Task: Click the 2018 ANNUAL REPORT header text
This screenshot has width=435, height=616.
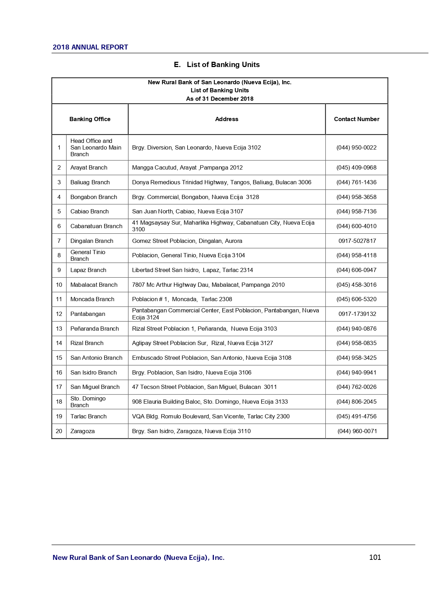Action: click(x=90, y=47)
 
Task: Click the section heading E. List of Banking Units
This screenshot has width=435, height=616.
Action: click(x=217, y=65)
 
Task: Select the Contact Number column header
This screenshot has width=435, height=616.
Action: click(x=356, y=119)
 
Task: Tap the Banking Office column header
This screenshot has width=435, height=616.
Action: click(x=90, y=119)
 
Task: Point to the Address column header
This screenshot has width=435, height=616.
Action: click(x=226, y=119)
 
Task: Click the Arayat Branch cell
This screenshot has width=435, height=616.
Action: click(x=89, y=168)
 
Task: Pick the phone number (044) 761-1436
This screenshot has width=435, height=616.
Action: click(x=356, y=183)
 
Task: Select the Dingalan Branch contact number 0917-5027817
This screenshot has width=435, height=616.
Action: click(x=357, y=241)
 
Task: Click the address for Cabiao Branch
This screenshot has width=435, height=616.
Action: click(x=188, y=212)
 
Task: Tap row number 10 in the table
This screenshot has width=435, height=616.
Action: click(x=59, y=285)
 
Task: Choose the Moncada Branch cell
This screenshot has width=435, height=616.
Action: click(x=92, y=299)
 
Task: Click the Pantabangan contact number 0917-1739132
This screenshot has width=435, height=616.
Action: click(x=357, y=314)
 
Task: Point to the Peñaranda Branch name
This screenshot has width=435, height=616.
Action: click(x=94, y=329)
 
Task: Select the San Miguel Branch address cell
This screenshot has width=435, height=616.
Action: click(x=204, y=387)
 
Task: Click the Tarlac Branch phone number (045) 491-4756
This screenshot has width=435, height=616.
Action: click(x=356, y=417)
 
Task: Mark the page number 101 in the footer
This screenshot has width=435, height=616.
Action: click(x=375, y=557)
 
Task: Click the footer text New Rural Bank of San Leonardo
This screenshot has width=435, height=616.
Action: click(x=138, y=558)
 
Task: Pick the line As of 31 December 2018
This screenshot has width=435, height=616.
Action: click(x=219, y=99)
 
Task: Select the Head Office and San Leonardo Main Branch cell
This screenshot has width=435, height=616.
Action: click(x=96, y=148)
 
